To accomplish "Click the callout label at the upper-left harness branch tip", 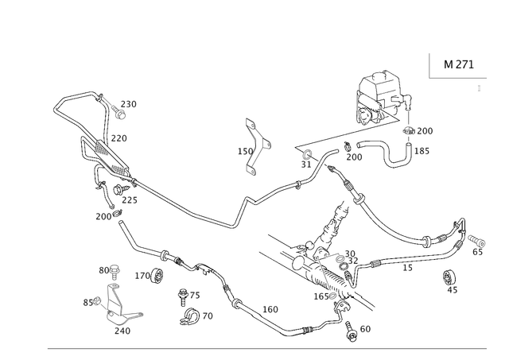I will point(130,103).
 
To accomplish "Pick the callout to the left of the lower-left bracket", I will point(89,300).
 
